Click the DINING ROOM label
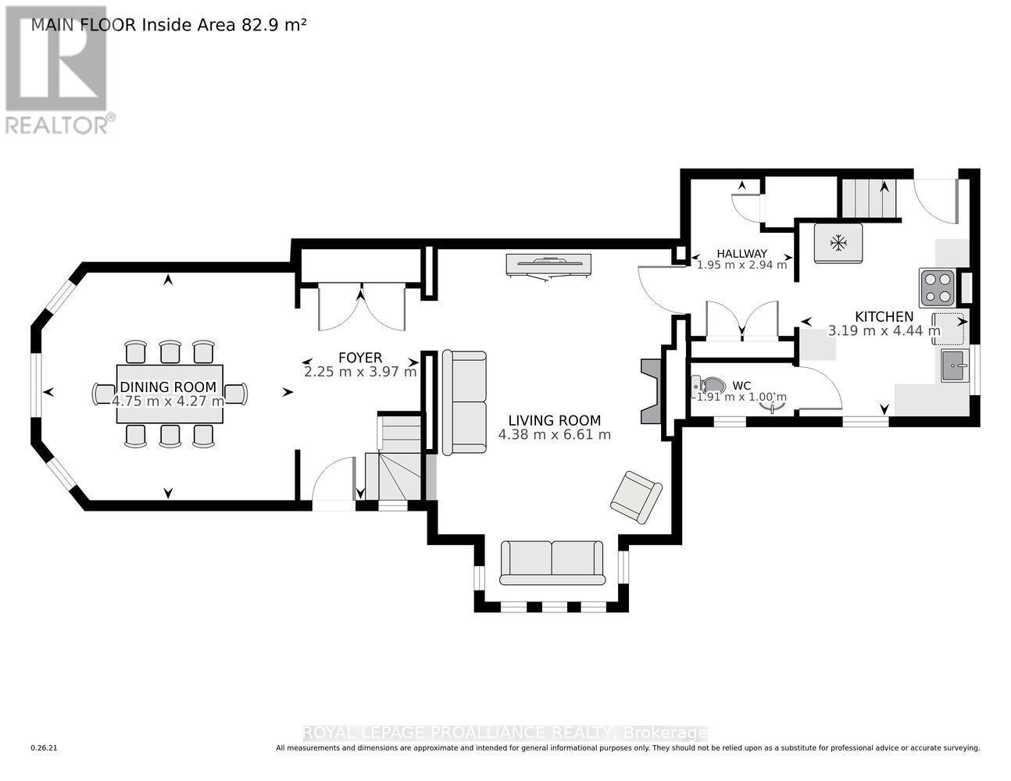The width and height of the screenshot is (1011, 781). pyautogui.click(x=168, y=387)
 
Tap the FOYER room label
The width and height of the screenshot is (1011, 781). pyautogui.click(x=360, y=358)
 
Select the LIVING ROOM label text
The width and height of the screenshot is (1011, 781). pyautogui.click(x=554, y=420)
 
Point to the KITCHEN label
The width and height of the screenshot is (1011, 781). pyautogui.click(x=884, y=316)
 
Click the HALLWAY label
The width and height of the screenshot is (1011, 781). pyautogui.click(x=741, y=254)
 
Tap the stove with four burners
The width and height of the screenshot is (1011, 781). pyautogui.click(x=938, y=287)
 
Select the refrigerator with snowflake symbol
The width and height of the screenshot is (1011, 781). pyautogui.click(x=838, y=244)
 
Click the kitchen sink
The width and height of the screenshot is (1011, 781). pyautogui.click(x=954, y=366)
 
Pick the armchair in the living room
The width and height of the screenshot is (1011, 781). pyautogui.click(x=636, y=497)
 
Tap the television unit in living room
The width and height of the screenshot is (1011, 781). pyautogui.click(x=548, y=265)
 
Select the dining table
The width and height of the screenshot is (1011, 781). pyautogui.click(x=170, y=394)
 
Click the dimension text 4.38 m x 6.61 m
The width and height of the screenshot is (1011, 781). pyautogui.click(x=554, y=435)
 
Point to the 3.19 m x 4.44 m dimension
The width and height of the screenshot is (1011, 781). pyautogui.click(x=884, y=330)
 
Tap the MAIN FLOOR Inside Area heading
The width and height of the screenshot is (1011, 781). pyautogui.click(x=168, y=24)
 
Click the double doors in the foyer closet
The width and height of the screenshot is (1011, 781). pyautogui.click(x=361, y=308)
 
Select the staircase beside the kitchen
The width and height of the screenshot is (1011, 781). pyautogui.click(x=867, y=198)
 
